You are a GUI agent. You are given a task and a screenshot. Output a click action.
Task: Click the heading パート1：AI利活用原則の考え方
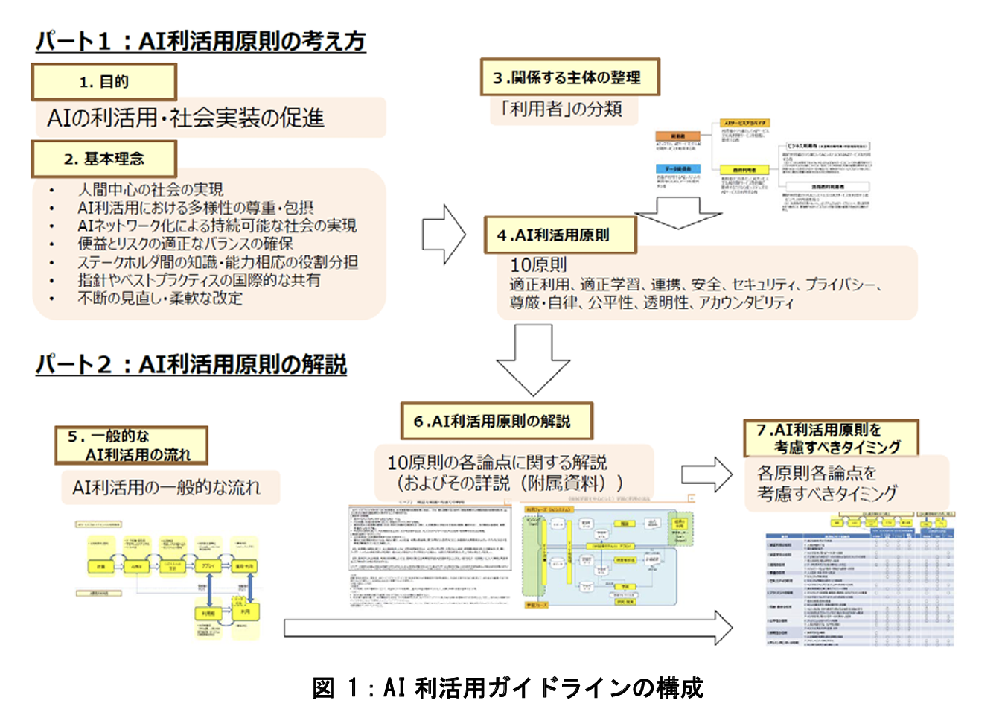pos(200,41)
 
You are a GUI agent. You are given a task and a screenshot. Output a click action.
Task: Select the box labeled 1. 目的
pos(103,82)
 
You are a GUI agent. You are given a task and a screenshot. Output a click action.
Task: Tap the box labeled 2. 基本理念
pos(103,159)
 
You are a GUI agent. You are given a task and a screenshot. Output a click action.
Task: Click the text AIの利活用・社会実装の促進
pos(185,118)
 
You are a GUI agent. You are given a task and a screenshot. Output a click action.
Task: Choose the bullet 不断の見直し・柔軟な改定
pos(160,299)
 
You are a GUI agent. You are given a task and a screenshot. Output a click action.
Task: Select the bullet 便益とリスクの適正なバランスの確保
pos(185,244)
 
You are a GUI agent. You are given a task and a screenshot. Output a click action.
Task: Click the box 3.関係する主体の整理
pos(569,77)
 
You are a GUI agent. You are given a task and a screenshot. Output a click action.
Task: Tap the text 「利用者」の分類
pos(562,109)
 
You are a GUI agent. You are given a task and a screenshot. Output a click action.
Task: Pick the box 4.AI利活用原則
pos(560,235)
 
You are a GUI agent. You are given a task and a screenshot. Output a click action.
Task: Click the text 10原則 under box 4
pos(537,264)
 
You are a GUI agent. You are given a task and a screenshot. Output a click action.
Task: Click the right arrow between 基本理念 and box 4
pos(443,235)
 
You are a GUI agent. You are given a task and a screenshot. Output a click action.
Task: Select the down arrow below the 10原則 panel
pos(533,360)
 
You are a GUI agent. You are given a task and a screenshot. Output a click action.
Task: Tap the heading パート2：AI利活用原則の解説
pos(191,364)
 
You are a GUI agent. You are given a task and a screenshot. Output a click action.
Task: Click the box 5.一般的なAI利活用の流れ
pos(131,445)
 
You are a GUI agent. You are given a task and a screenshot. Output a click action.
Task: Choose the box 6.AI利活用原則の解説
pos(497,422)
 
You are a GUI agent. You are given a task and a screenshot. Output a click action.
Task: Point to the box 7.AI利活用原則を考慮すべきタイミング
pos(831,438)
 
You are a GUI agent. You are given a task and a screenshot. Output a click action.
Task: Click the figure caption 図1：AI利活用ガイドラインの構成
pos(507,687)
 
